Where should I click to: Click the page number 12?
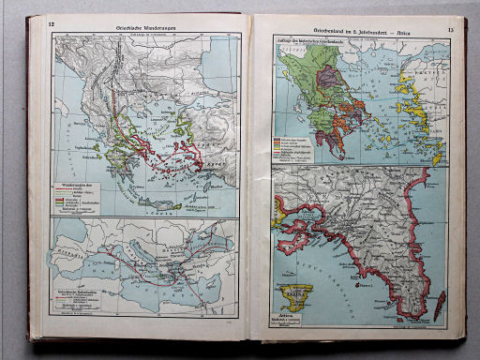click(37, 22)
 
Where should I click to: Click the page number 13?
click(449, 31)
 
